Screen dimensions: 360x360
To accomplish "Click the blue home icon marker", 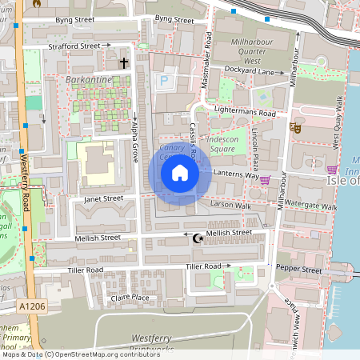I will pyautogui.click(x=180, y=172).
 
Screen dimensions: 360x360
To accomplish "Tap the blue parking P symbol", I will pyautogui.click(x=165, y=80).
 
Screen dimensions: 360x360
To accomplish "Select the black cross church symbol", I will pyautogui.click(x=124, y=62).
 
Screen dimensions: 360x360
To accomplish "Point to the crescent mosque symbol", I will pyautogui.click(x=197, y=237).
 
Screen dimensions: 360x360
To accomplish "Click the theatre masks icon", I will pyautogui.click(x=294, y=126).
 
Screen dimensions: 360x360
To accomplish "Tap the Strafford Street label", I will pyautogui.click(x=74, y=46).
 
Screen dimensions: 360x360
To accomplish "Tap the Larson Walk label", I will pyautogui.click(x=230, y=206).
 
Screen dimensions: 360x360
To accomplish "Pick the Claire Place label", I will pyautogui.click(x=130, y=298).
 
